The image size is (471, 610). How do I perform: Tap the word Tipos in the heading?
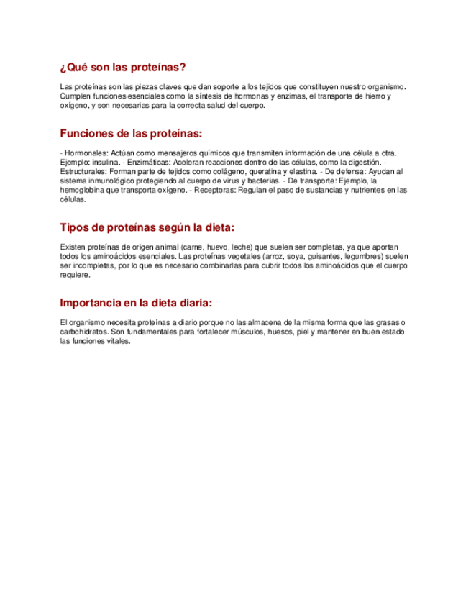click(76, 227)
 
